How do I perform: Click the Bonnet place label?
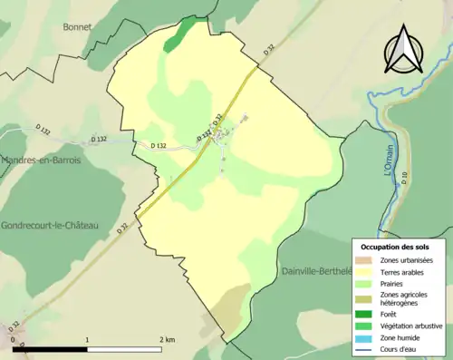coord(77,27)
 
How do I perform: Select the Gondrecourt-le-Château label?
coord(49,224)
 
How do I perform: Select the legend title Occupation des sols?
coord(394,247)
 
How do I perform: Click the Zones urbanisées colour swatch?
coord(365,258)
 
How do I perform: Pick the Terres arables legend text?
coord(405,270)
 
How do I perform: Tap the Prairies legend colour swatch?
coord(365,282)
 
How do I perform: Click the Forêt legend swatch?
coord(365,314)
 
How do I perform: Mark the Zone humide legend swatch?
coord(365,337)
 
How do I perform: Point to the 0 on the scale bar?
coord(14,339)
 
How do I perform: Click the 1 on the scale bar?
coord(87,339)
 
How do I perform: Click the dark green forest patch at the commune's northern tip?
coord(184,30)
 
